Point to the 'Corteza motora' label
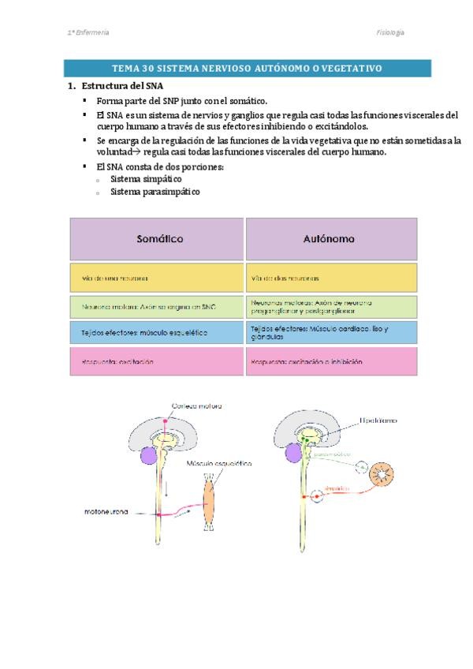click(x=196, y=406)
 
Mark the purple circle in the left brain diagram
click(x=147, y=455)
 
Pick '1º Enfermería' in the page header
click(x=88, y=32)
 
